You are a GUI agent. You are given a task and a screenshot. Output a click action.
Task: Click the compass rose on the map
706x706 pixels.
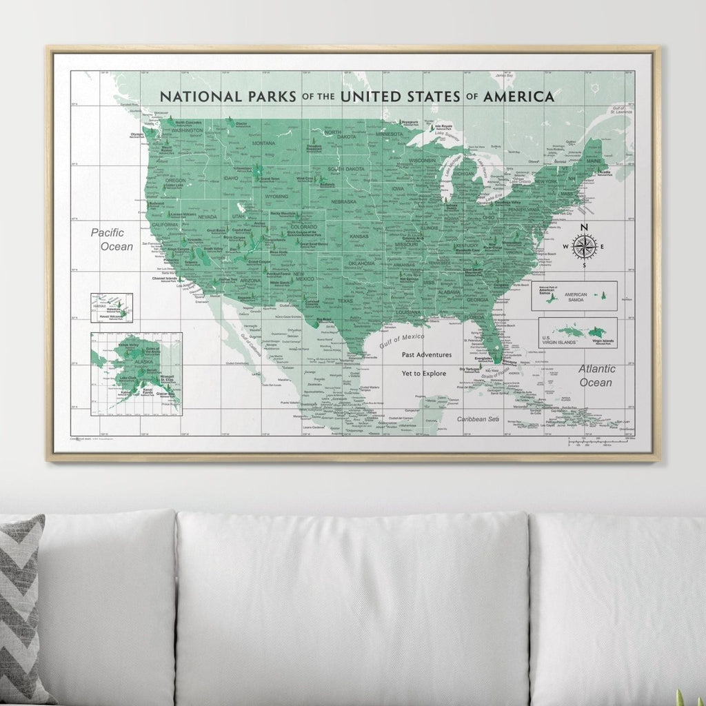tap(584, 246)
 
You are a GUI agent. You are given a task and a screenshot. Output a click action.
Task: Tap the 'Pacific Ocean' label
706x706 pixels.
tap(112, 239)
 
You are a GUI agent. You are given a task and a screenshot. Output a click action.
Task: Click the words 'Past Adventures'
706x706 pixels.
tap(427, 354)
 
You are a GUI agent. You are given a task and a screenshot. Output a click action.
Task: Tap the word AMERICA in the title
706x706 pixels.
tap(518, 97)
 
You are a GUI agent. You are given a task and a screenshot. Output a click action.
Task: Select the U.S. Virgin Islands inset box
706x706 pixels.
tap(578, 332)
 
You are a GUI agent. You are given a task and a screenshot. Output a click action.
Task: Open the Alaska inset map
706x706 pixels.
tap(137, 373)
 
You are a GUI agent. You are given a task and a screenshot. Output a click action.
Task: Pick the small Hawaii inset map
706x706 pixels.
tap(111, 307)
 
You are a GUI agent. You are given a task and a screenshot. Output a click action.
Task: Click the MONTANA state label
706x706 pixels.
tap(263, 143)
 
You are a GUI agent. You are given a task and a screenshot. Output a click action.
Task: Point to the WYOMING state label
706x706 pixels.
tap(276, 196)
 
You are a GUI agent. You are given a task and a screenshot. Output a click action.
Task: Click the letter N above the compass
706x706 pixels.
tap(584, 228)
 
